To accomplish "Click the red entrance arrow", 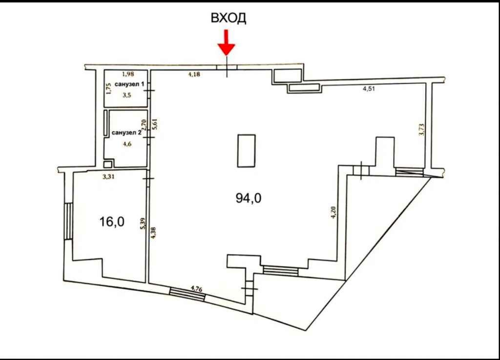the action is pyautogui.click(x=227, y=42).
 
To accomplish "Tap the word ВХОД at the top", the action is pyautogui.click(x=229, y=18).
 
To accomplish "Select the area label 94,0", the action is pyautogui.click(x=249, y=198).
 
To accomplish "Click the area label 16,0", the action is pyautogui.click(x=112, y=221).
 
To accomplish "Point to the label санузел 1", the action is pyautogui.click(x=129, y=84).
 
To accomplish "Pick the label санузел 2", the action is pyautogui.click(x=126, y=133).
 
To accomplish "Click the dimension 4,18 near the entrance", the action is pyautogui.click(x=194, y=75).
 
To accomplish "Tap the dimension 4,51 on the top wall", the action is pyautogui.click(x=369, y=89).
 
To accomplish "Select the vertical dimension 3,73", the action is pyautogui.click(x=421, y=130).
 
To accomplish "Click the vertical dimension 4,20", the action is pyautogui.click(x=333, y=213).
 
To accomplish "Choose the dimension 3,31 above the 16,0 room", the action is pyautogui.click(x=108, y=177).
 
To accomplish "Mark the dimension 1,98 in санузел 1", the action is pyautogui.click(x=128, y=74).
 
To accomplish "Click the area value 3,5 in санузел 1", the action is pyautogui.click(x=127, y=95).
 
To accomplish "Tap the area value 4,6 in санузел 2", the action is pyautogui.click(x=127, y=144).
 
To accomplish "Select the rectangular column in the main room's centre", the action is pyautogui.click(x=246, y=151).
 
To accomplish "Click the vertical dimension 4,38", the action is pyautogui.click(x=153, y=233).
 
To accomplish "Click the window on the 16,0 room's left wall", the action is pyautogui.click(x=68, y=221).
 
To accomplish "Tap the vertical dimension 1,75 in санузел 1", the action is pyautogui.click(x=109, y=89).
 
